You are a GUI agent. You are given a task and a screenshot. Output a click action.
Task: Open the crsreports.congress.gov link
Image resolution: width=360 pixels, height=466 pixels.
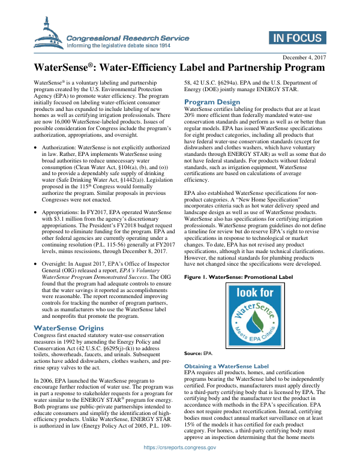[179, 464]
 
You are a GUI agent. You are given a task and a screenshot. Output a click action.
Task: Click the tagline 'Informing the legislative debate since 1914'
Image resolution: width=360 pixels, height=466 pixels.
[118, 45]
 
